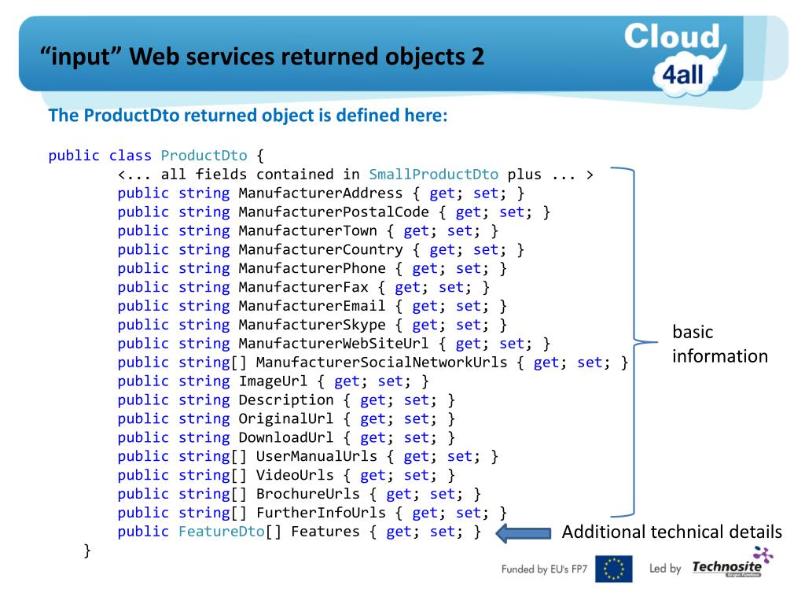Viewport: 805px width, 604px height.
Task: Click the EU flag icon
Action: pyautogui.click(x=613, y=569)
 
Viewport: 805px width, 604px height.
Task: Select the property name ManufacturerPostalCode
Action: pyautogui.click(x=334, y=212)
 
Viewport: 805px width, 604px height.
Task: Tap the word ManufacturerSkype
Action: pyautogui.click(x=312, y=325)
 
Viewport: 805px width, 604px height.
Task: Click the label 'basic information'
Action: pyautogui.click(x=719, y=344)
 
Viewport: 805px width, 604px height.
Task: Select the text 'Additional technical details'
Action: pyautogui.click(x=672, y=532)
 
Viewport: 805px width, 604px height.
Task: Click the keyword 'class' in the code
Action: pyautogui.click(x=130, y=156)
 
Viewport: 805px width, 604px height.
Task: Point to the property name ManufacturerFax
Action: pyautogui.click(x=303, y=287)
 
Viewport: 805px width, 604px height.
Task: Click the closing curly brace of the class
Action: pyautogui.click(x=86, y=551)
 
